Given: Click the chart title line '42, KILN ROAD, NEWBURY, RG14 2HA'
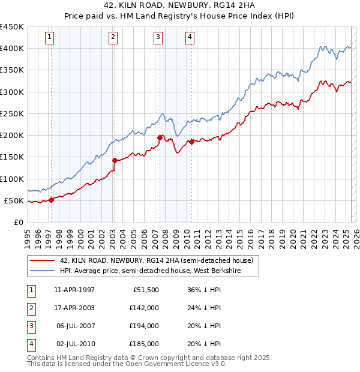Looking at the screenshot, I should tap(179, 7).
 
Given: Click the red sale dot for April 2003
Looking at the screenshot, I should tap(115, 160).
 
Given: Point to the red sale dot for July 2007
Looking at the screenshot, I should tap(160, 137).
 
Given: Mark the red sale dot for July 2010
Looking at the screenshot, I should tap(191, 142).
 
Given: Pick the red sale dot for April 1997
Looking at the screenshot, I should tap(51, 200).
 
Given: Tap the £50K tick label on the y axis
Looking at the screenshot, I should tap(14, 200).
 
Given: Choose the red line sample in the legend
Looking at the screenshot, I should tap(42, 260).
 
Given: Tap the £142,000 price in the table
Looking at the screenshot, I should tap(144, 308).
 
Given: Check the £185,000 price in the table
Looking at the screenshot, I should tap(144, 344).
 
